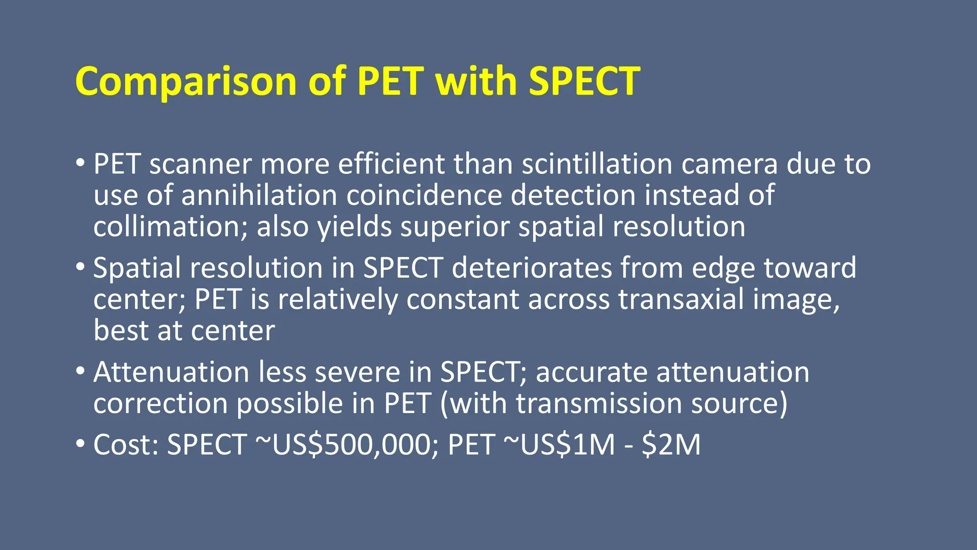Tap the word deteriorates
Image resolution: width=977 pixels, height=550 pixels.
tap(532, 268)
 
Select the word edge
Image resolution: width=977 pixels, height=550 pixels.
tap(723, 269)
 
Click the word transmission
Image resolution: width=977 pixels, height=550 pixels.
tap(599, 403)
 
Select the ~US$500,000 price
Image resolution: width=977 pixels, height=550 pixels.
tap(346, 444)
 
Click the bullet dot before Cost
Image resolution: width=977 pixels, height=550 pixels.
tap(80, 444)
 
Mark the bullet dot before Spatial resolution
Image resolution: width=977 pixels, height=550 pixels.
tap(80, 266)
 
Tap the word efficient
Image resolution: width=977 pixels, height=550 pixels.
tap(391, 164)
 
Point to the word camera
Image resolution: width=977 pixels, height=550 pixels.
tap(729, 165)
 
